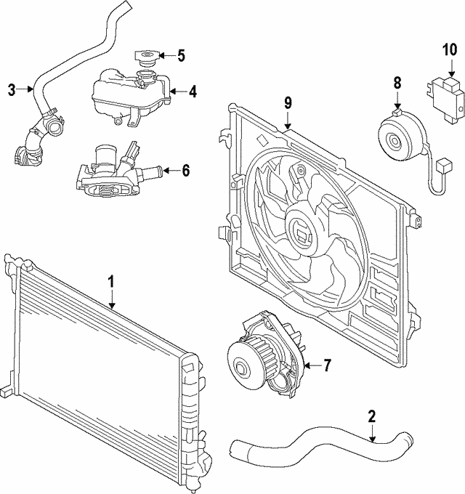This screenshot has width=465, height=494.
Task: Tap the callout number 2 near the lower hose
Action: click(371, 416)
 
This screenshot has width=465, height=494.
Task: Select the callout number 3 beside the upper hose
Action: click(12, 90)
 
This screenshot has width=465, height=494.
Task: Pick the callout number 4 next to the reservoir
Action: click(193, 92)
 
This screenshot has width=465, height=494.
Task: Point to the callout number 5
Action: click(182, 54)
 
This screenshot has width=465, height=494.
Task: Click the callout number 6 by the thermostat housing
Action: click(185, 171)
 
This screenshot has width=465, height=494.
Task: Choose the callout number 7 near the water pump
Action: click(326, 365)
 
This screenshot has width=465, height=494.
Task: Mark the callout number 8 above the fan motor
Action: click(397, 83)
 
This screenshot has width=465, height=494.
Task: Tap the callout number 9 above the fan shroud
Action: click(288, 102)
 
